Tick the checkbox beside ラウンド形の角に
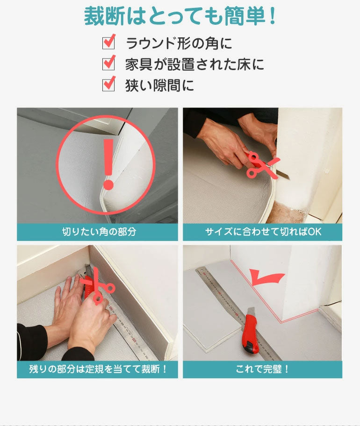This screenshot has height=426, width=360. pos(108,43)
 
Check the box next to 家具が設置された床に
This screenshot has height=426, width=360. pos(108,64)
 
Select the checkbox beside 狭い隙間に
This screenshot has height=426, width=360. pos(108,85)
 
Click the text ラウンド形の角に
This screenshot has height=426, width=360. pos(179,43)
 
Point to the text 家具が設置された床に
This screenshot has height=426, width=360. pos(194,64)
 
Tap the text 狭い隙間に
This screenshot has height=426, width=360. pos(159,85)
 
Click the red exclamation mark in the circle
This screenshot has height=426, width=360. pos(108,163)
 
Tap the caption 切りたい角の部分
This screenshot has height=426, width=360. pos(99,232)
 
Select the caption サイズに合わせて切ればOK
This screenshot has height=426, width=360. pos(263,232)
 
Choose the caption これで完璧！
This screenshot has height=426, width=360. pos(263,369)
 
